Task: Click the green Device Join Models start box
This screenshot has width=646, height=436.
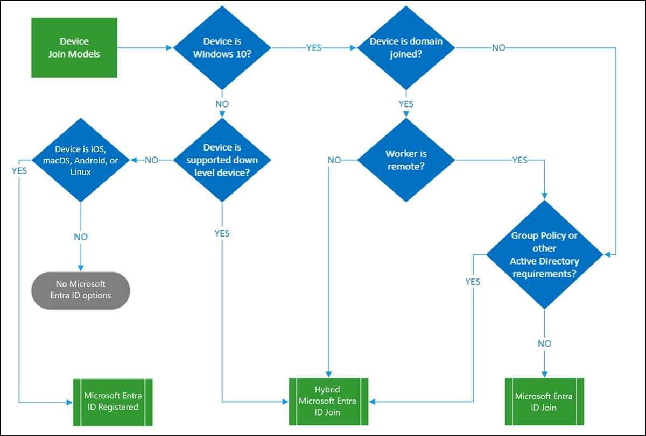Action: point(74,48)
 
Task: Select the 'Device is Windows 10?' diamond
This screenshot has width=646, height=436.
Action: point(222,48)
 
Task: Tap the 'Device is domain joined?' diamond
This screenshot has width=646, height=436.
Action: point(406,48)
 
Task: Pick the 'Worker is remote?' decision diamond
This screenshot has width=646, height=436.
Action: point(406,160)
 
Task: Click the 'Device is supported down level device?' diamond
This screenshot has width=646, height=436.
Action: point(222,160)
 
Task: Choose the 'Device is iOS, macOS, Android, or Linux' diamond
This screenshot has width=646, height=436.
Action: point(80,160)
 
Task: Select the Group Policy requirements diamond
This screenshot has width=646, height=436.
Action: point(544,254)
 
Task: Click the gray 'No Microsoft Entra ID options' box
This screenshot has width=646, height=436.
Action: point(80,290)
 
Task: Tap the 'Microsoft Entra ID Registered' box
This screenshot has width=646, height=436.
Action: point(113,401)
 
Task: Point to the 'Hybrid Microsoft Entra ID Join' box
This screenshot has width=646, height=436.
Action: point(328,401)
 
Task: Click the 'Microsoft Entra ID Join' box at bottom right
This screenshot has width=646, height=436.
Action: point(544,401)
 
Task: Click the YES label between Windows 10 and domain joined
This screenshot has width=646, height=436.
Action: point(314,48)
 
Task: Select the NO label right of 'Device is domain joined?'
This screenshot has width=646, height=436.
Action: point(498,48)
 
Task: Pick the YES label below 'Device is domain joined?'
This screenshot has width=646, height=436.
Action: point(406,103)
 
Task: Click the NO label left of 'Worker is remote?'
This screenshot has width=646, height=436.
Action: point(334,160)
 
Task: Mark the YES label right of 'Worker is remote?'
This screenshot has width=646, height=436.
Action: point(519,160)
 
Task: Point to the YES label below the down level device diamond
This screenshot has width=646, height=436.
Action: point(222,233)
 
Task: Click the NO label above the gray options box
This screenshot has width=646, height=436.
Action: point(80,237)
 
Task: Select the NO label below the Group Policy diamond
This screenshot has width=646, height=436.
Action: point(544,343)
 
